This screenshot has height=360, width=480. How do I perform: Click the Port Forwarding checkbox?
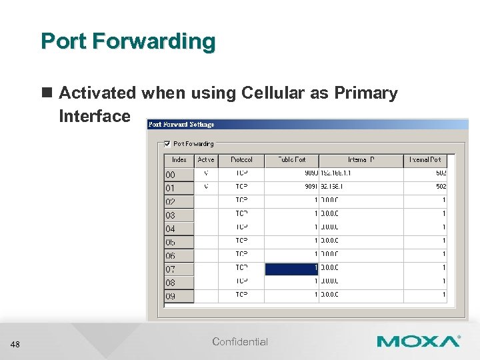(x=167, y=143)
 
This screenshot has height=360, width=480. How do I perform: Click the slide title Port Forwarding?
(x=128, y=41)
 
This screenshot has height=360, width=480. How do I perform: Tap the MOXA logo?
(x=418, y=341)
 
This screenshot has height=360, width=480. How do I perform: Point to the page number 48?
(x=16, y=344)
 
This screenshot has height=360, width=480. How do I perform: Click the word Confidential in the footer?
(x=240, y=342)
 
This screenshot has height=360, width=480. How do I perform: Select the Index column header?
(x=179, y=160)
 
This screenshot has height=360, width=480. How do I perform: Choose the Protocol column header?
(x=241, y=160)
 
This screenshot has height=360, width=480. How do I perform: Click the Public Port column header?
(x=291, y=160)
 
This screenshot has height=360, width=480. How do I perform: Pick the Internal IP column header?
(x=361, y=160)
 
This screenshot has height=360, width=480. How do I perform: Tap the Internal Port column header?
(x=425, y=160)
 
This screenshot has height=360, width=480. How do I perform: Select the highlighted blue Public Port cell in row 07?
(x=291, y=268)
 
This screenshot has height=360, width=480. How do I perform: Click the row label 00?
(x=171, y=175)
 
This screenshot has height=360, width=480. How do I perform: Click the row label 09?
(x=171, y=296)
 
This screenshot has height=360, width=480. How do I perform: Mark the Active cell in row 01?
(x=206, y=187)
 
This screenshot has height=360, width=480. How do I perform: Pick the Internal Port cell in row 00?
(x=425, y=173)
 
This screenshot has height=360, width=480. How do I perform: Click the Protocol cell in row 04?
(x=241, y=227)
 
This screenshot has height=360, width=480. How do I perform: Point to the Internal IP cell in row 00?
(x=361, y=173)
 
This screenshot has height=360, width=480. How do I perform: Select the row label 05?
(x=171, y=242)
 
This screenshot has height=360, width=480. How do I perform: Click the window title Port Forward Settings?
(x=181, y=124)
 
